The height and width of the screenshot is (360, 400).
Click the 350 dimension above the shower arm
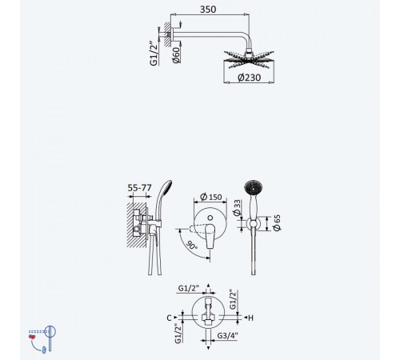pyautogui.click(x=208, y=10)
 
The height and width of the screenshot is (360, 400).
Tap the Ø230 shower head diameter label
pyautogui.click(x=249, y=78)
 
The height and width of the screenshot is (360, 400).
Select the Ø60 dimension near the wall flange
pyautogui.click(x=176, y=55)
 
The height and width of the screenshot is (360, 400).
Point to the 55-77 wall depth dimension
pyautogui.click(x=139, y=188)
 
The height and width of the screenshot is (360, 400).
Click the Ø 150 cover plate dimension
pyautogui.click(x=211, y=197)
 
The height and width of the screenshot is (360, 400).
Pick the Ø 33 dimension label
pyautogui.click(x=237, y=207)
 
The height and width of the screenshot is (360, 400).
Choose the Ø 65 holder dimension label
pyautogui.click(x=278, y=223)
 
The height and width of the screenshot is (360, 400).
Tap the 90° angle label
pyautogui.click(x=192, y=246)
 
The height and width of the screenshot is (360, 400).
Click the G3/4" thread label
pyautogui.click(x=227, y=335)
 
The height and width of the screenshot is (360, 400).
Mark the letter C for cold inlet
pyautogui.click(x=169, y=318)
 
